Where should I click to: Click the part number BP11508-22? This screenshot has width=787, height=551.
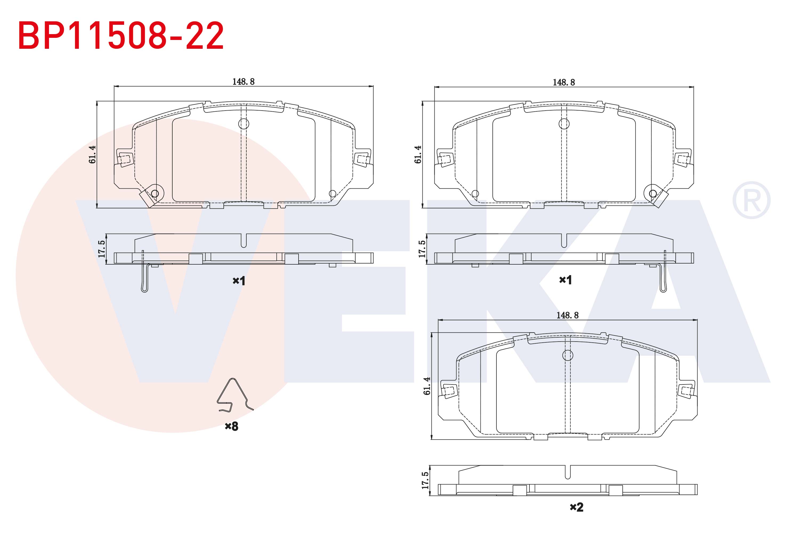tap(121, 36)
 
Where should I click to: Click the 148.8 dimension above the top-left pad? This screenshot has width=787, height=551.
tap(243, 82)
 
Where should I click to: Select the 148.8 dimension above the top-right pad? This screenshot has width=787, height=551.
tap(564, 82)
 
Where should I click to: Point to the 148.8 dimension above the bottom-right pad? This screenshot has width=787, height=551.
tap(567, 315)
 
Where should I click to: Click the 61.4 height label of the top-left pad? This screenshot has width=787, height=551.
tap(92, 154)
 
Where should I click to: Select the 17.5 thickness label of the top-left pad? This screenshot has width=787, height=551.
tap(101, 249)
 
